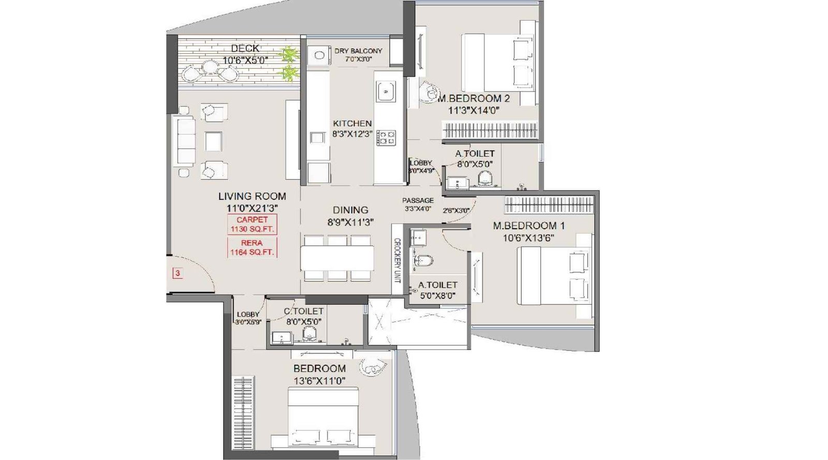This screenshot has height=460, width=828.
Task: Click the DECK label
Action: click(x=245, y=49)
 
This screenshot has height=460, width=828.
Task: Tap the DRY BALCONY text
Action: click(x=358, y=51)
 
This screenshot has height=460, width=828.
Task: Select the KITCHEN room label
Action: click(x=352, y=124)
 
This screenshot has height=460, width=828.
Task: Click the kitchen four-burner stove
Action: click(x=386, y=138)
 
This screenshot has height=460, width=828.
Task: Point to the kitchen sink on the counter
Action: click(x=385, y=92)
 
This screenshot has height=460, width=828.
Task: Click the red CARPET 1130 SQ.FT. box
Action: click(x=252, y=225)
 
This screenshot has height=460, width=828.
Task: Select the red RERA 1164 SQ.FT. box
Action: click(x=252, y=247)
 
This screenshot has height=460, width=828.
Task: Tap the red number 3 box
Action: click(x=178, y=273)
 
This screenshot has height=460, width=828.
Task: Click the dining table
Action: click(x=337, y=257)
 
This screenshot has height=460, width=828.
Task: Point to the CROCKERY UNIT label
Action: click(x=397, y=260)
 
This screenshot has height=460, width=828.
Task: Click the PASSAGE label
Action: click(x=418, y=200)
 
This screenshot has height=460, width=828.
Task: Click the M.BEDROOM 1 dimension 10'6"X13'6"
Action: click(x=528, y=238)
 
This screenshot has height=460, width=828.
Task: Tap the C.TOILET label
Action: click(x=303, y=311)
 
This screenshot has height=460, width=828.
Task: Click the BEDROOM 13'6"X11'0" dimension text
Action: click(x=319, y=381)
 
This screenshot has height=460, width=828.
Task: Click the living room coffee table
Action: click(x=213, y=141)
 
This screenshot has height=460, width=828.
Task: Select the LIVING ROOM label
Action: click(x=252, y=196)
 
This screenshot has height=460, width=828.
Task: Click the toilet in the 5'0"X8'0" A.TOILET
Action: click(x=423, y=260)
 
